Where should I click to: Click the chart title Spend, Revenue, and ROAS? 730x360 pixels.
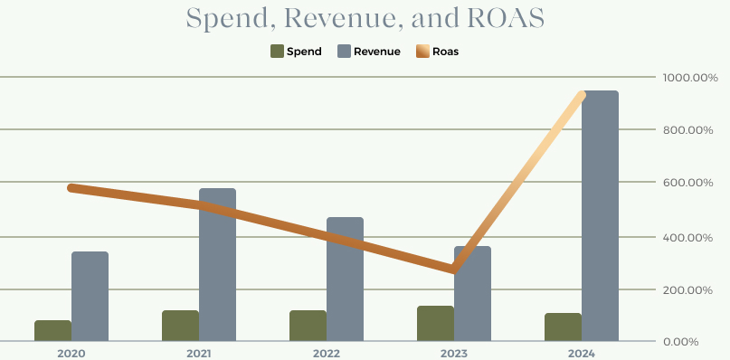coord(365,18)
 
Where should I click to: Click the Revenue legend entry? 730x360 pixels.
coord(369,52)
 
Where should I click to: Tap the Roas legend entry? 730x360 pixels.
coord(437,52)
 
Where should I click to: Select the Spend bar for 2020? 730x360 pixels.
coord(52,331)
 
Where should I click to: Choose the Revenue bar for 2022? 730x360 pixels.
coord(345,279)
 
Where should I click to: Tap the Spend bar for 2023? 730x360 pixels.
coord(435,324)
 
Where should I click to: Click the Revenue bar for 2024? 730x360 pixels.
coord(600,216)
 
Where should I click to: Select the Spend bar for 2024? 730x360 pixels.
coord(563,327)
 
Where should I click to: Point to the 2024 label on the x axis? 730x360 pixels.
coord(581,352)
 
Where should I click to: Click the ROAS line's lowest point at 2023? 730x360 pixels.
coord(454,270)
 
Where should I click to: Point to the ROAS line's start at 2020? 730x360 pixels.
coord(72,187)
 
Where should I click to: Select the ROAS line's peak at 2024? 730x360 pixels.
coord(582,95)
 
